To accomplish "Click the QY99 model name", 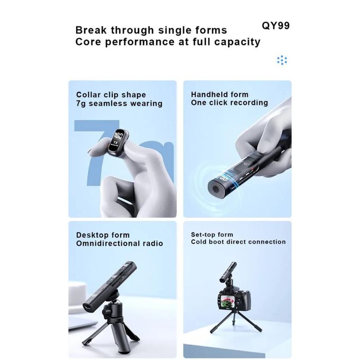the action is click(x=275, y=25).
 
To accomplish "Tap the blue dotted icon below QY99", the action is click(x=282, y=60).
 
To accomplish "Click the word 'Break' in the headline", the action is click(x=91, y=30).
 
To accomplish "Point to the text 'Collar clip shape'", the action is click(x=111, y=95).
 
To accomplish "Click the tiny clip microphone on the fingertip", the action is click(x=118, y=142).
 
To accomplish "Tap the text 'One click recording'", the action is click(x=229, y=103).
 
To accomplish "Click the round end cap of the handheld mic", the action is click(x=215, y=190).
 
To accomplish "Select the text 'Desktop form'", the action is click(x=103, y=235).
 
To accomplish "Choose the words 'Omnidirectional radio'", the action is click(x=120, y=244).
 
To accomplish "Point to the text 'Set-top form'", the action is click(x=212, y=235).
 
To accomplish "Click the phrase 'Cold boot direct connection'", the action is click(x=238, y=242).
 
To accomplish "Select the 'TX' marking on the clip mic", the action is click(x=116, y=143).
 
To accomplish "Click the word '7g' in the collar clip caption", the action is click(x=81, y=104).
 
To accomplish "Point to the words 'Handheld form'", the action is click(x=220, y=95).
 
